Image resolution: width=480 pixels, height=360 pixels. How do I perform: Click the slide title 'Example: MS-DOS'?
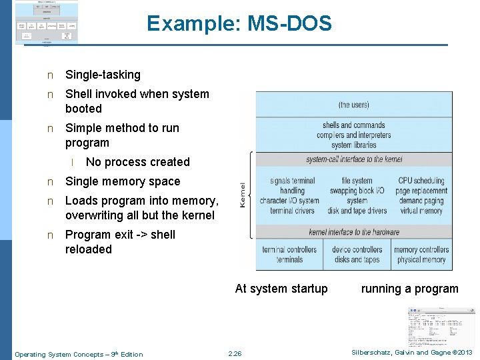click(x=239, y=24)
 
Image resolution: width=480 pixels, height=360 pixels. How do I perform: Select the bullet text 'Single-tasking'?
click(x=103, y=75)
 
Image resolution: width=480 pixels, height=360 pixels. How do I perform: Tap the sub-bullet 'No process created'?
click(x=137, y=162)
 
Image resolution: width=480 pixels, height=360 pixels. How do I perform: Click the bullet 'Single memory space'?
click(x=123, y=181)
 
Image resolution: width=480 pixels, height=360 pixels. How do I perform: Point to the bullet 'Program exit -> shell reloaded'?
click(x=120, y=241)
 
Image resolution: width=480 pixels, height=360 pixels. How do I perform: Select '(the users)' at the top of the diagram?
click(x=354, y=105)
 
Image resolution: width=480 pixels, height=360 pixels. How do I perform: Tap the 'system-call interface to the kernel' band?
click(x=354, y=159)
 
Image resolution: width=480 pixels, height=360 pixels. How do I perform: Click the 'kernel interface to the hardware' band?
click(x=354, y=232)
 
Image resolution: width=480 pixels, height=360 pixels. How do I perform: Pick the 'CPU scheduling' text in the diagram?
click(x=421, y=181)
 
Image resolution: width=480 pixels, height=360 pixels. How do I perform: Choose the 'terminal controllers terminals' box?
click(x=289, y=255)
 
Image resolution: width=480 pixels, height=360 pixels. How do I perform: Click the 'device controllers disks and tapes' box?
click(x=357, y=255)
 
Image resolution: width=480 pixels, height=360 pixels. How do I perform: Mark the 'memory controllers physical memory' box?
click(x=421, y=255)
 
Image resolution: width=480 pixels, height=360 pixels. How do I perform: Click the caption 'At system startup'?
click(x=281, y=289)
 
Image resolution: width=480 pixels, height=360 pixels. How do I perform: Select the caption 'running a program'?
click(x=409, y=289)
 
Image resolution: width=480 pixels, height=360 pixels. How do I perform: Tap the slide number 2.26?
click(x=235, y=353)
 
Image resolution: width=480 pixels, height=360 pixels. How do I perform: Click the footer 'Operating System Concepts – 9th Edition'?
click(x=79, y=354)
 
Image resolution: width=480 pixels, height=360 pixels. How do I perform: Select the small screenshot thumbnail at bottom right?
click(x=441, y=327)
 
